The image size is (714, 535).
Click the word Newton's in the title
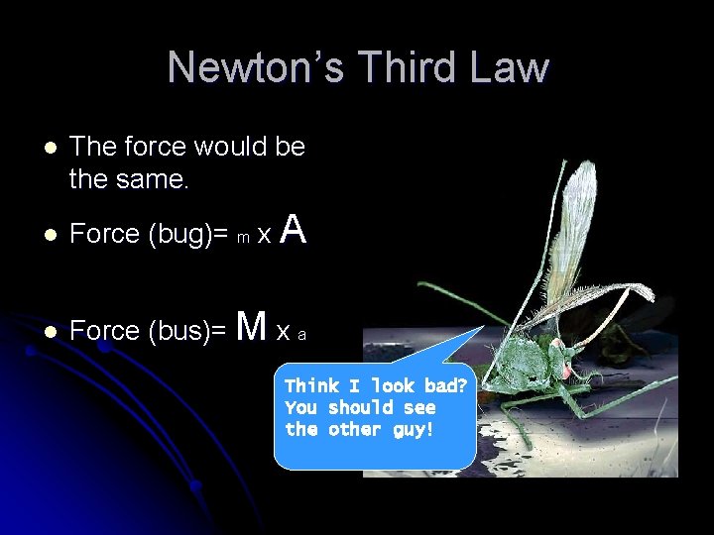(257, 67)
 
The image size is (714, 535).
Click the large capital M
(254, 325)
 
